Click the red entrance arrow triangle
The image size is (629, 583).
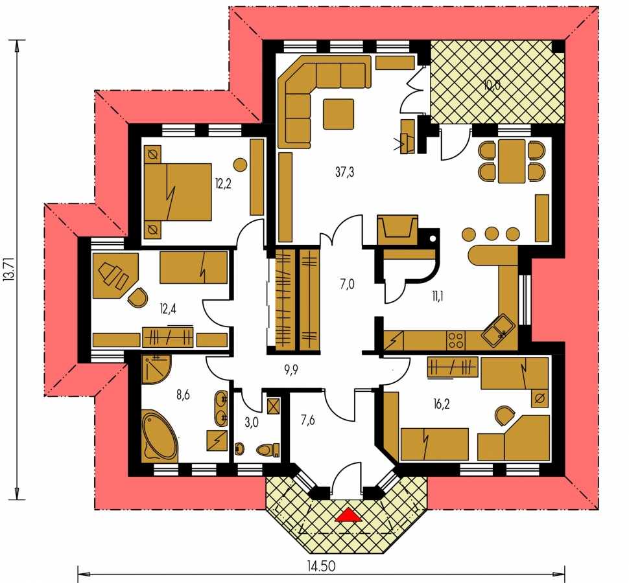pyautogui.click(x=349, y=515)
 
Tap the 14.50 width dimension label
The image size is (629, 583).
pyautogui.click(x=322, y=566)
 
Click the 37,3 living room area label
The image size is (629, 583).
pyautogui.click(x=344, y=172)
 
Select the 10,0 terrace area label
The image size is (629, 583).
pyautogui.click(x=492, y=85)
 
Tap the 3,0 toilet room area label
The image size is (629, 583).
pyautogui.click(x=252, y=422)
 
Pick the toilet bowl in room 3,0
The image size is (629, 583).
pyautogui.click(x=268, y=450)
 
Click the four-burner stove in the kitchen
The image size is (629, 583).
pyautogui.click(x=456, y=341)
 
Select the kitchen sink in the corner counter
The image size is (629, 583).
pyautogui.click(x=498, y=330)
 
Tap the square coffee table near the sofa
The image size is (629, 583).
pyautogui.click(x=338, y=114)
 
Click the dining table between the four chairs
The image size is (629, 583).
pyautogui.click(x=512, y=161)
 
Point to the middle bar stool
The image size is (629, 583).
pyautogui.click(x=492, y=234)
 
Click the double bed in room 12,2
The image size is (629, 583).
pyautogui.click(x=177, y=192)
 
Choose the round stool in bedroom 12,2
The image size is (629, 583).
pyautogui.click(x=241, y=165)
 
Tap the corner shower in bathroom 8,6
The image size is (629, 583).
pyautogui.click(x=156, y=369)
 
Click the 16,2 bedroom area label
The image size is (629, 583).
pyautogui.click(x=441, y=404)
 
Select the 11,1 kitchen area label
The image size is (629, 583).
pyautogui.click(x=438, y=297)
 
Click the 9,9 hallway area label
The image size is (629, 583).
pyautogui.click(x=291, y=370)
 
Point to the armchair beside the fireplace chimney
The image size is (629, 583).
pyautogui.click(x=397, y=229)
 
